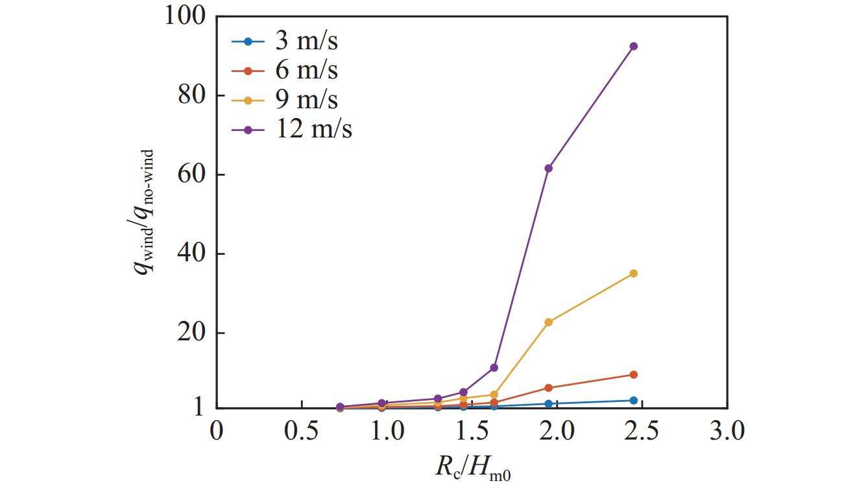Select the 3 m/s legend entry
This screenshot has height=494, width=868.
285,41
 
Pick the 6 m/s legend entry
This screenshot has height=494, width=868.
285,70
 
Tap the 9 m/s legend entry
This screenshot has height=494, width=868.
285,100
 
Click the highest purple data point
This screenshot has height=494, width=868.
633,46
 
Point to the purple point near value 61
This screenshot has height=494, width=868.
549,168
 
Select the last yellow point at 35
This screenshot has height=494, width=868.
633,274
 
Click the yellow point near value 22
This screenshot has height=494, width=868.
549,322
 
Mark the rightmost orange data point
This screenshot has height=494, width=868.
633,375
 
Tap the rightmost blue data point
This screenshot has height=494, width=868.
633,401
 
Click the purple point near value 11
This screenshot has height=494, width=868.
494,368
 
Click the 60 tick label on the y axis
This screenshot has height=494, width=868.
191,175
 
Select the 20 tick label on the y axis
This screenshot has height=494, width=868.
191,333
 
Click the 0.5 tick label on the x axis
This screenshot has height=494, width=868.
301,431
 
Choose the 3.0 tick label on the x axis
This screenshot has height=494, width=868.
727,431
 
